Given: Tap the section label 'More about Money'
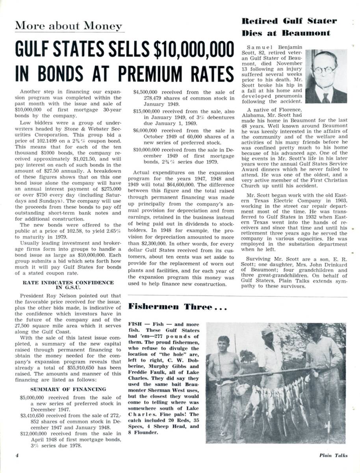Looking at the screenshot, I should (x=69, y=26).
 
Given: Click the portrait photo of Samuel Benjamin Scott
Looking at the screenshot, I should (x=326, y=76).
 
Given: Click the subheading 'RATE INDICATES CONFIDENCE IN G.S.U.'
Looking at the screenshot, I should (x=68, y=285).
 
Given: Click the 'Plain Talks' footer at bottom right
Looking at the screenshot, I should (x=334, y=455).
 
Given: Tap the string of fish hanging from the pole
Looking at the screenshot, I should (x=276, y=398).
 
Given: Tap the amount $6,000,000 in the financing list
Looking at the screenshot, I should (x=144, y=130).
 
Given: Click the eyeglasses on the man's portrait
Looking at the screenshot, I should (x=325, y=70).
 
